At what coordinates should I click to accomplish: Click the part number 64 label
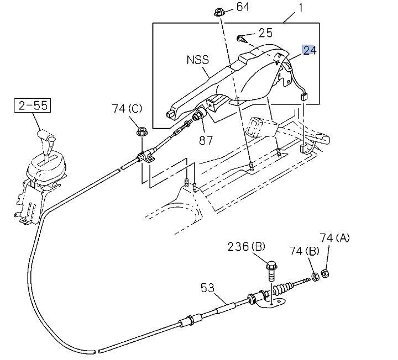point(243,7)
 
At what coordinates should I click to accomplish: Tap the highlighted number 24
point(309,51)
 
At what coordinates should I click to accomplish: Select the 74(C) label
point(127,109)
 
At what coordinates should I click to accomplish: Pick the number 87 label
point(206,140)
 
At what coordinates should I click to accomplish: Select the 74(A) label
point(335,238)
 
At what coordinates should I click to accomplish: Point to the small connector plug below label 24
point(304,97)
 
